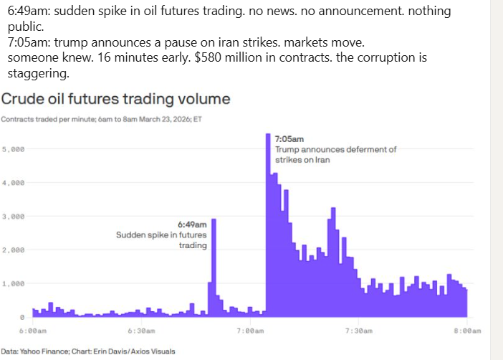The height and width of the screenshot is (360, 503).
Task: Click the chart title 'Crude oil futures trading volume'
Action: point(115,99)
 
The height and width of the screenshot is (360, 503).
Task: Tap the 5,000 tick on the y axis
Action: point(14,149)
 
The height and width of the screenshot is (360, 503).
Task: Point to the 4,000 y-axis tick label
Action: point(14,183)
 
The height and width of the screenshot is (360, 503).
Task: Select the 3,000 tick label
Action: point(14,216)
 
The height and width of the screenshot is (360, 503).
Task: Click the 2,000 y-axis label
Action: point(14,250)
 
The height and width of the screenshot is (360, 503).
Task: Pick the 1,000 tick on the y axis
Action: point(14,283)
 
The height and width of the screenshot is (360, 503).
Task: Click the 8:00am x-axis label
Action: point(466,331)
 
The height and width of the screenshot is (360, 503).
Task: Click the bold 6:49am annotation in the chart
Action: point(193,224)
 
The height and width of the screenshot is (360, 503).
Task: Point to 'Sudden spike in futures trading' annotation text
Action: point(161,240)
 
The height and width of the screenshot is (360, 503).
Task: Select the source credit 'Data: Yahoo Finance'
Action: point(36,351)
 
